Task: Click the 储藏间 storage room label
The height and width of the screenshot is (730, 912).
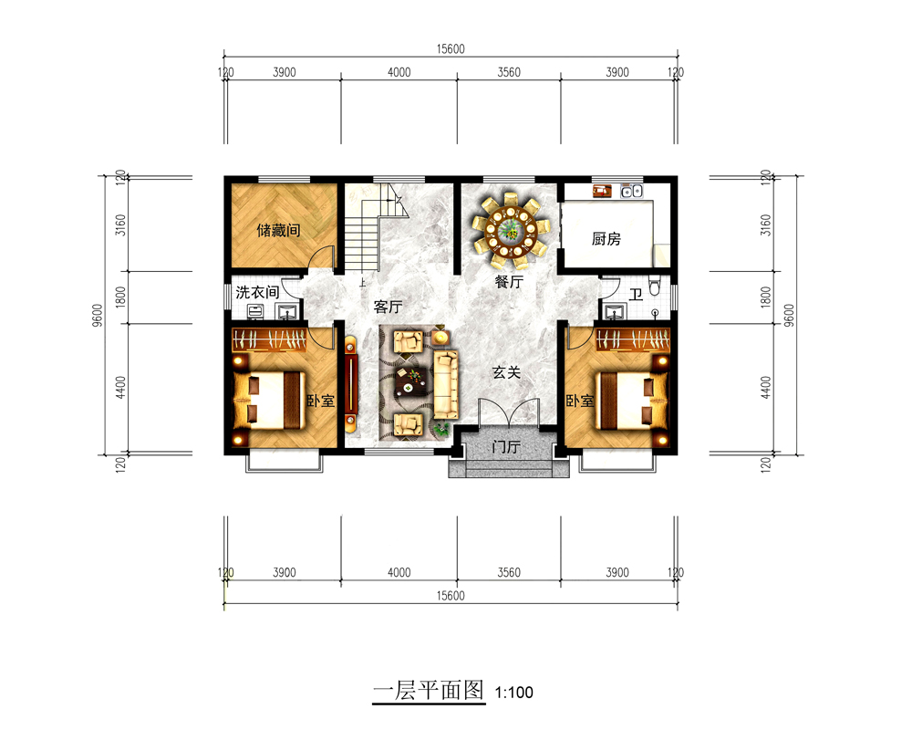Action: pos(278,231)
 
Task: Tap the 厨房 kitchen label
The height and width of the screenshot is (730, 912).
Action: pos(606,239)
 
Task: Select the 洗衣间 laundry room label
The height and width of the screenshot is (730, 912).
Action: pos(257,292)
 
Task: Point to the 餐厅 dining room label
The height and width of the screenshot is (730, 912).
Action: pos(509,282)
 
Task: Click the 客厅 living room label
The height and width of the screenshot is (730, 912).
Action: pos(388,307)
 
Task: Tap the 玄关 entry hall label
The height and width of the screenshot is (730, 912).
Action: pos(506,372)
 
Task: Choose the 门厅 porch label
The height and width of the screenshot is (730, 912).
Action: pos(505,447)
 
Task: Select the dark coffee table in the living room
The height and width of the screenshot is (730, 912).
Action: pos(411,382)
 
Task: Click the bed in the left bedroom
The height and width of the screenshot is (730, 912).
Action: pos(269,401)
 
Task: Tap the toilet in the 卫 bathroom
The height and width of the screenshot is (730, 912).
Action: pos(655,286)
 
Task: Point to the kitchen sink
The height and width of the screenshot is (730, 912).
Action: pos(631,191)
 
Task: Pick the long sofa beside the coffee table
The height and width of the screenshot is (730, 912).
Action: pos(446,384)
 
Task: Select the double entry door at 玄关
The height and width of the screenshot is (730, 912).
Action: pos(509,412)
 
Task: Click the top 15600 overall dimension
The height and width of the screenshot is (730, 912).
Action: pos(451,49)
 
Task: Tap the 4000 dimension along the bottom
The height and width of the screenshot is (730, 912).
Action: pos(399,573)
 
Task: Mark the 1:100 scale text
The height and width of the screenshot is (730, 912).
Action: pos(513,693)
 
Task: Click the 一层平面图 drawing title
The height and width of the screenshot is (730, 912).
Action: pos(429,691)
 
